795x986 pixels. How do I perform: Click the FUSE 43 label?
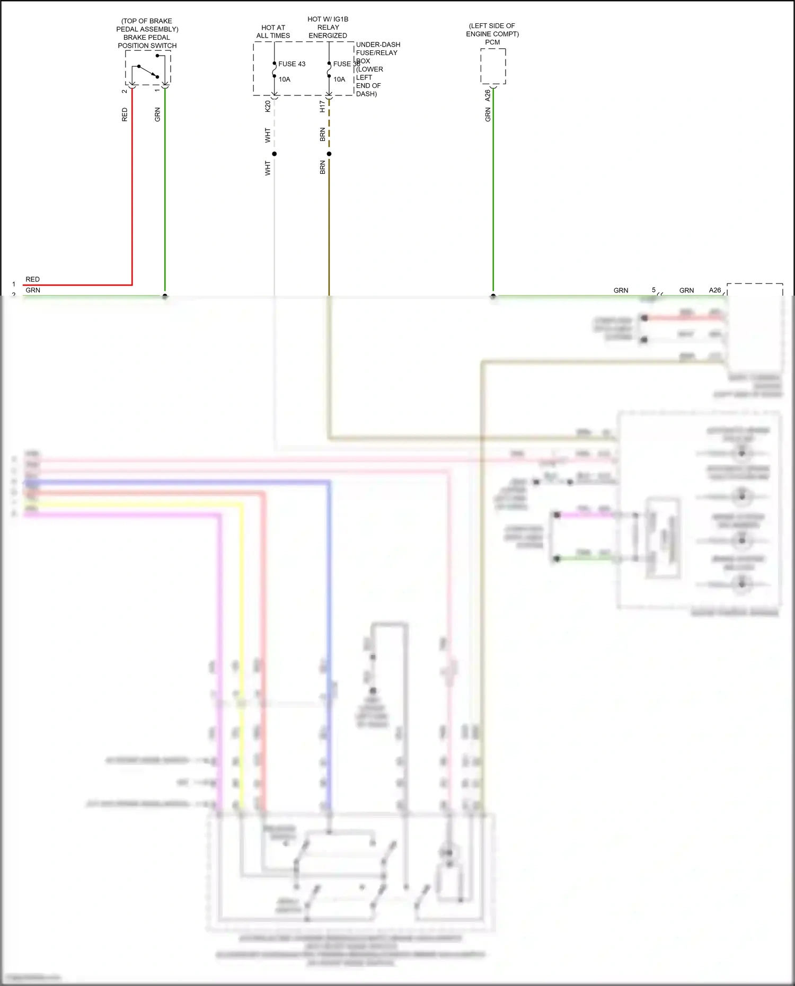(291, 64)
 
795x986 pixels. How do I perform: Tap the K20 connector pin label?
(268, 106)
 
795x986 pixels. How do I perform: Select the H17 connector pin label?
(322, 106)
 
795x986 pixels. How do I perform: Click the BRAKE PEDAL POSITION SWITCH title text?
(147, 41)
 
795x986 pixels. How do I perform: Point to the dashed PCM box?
(493, 66)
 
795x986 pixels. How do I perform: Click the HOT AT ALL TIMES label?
(273, 32)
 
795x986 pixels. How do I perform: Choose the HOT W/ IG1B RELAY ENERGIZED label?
(328, 28)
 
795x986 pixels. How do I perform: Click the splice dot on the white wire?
(274, 154)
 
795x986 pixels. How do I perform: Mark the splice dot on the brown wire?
(329, 154)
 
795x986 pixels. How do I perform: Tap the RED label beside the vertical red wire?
(125, 114)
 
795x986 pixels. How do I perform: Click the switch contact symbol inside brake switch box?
(148, 72)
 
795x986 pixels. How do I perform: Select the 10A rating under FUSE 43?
(285, 79)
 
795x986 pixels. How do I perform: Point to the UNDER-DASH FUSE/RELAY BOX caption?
(377, 69)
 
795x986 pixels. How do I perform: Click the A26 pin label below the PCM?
(488, 96)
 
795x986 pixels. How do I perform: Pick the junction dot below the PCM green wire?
(493, 296)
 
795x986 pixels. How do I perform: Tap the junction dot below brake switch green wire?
(165, 296)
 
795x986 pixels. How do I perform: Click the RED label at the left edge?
(32, 279)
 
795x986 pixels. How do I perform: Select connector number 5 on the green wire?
(653, 290)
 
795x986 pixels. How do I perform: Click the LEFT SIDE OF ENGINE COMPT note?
(492, 30)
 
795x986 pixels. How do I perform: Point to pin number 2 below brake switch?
(125, 91)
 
